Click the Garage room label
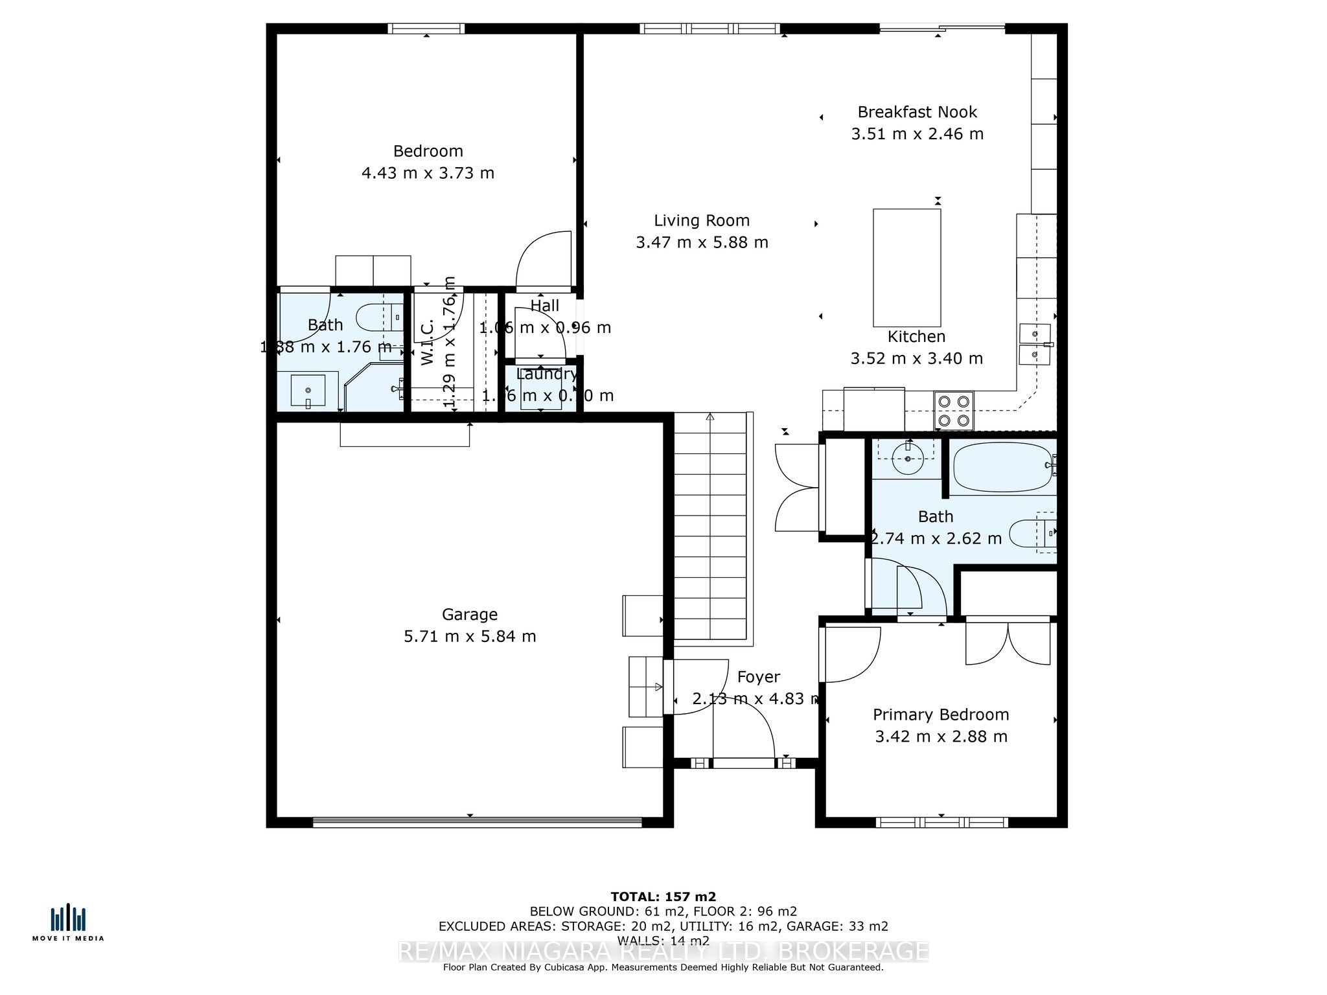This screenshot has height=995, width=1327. pyautogui.click(x=470, y=614)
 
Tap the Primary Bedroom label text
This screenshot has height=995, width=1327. pyautogui.click(x=941, y=715)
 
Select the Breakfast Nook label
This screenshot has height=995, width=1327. pyautogui.click(x=917, y=112)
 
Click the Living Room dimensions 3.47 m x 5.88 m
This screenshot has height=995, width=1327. pyautogui.click(x=702, y=242)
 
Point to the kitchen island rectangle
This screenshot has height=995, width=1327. pyautogui.click(x=906, y=268)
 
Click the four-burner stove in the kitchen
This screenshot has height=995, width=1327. pyautogui.click(x=954, y=411)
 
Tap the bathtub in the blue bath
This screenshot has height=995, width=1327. pyautogui.click(x=1002, y=467)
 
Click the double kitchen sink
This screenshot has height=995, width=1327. pyautogui.click(x=1035, y=344)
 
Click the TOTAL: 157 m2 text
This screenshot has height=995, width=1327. pyautogui.click(x=663, y=897)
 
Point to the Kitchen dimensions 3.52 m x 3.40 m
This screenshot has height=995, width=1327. pyautogui.click(x=916, y=358)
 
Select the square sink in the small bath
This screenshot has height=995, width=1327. pyautogui.click(x=308, y=390)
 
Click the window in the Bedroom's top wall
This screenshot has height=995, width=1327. pyautogui.click(x=426, y=29)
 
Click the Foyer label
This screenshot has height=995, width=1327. pyautogui.click(x=758, y=677)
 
